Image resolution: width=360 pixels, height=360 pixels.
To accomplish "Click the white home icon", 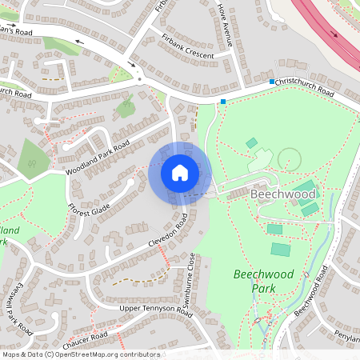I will coord(180,173).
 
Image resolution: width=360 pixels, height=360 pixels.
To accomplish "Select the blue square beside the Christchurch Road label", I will coord(272,82).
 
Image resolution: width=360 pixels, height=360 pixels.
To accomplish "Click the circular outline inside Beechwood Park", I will coord(289,158).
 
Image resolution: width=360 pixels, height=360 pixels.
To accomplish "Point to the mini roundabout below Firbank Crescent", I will coord(141,78).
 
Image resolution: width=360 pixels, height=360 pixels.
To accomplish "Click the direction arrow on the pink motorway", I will coord(334,35).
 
